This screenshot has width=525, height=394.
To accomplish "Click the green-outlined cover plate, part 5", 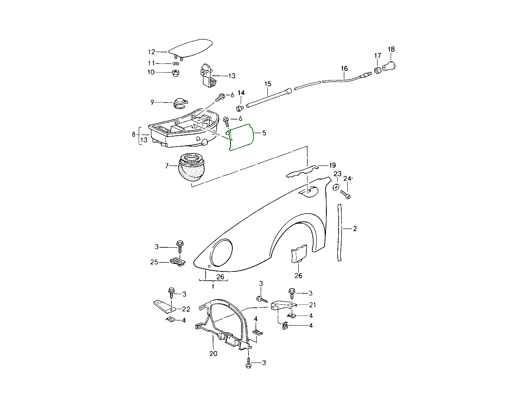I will pos(240,137).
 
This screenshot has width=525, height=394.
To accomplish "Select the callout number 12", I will pos(151,52).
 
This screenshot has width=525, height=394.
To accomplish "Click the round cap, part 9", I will pos(179,103).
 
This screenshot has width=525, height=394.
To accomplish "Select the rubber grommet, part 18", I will pos(389,67).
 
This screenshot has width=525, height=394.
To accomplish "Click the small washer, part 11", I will pos(175,64).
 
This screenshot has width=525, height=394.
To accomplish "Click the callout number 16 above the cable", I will pos(344,68).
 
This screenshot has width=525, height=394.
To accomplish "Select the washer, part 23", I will pos(336,187).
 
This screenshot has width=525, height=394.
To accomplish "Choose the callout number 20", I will pos(213,354).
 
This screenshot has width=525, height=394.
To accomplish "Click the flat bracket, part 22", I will pos(162,306).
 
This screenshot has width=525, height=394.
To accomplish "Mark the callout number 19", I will pos(332,165).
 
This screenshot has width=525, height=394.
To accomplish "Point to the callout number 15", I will pos(268,83).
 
